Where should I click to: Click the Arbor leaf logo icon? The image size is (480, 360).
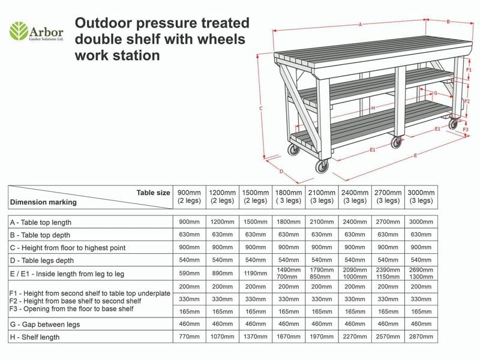(x=19, y=30)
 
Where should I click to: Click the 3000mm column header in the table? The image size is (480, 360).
(x=421, y=196)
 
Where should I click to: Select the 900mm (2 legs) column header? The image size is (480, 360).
(x=189, y=196)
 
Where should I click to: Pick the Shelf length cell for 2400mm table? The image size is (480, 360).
(x=354, y=337)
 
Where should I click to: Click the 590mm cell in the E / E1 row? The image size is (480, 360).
(x=189, y=274)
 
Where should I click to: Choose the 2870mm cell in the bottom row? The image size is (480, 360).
(x=421, y=337)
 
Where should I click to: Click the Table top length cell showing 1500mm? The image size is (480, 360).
(x=255, y=221)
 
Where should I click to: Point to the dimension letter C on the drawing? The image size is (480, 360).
(x=261, y=109)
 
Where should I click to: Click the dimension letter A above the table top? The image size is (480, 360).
(x=360, y=25)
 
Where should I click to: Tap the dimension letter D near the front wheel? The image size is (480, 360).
(x=281, y=171)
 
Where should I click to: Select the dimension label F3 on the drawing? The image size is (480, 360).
(x=466, y=129)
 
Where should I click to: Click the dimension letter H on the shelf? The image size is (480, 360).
(x=373, y=108)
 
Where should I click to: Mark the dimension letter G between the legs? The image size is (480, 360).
(x=435, y=94)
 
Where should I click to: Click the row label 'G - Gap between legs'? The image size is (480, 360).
(x=45, y=324)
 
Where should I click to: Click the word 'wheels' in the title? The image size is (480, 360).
(x=224, y=40)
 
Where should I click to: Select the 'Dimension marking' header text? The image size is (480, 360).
(x=43, y=202)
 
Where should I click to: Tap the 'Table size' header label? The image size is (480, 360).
(x=153, y=193)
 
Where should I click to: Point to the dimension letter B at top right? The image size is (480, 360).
(x=448, y=22)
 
